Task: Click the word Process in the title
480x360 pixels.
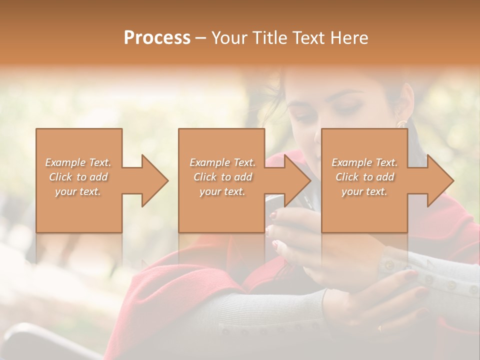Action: pos(157,37)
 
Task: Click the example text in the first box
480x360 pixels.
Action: pos(78,176)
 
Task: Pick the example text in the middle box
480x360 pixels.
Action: pos(222,176)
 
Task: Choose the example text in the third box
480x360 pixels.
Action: pos(364,176)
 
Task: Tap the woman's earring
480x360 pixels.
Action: pos(401,123)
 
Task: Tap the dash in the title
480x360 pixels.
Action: pos(201,38)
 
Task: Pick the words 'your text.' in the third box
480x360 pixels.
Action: pos(364,191)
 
